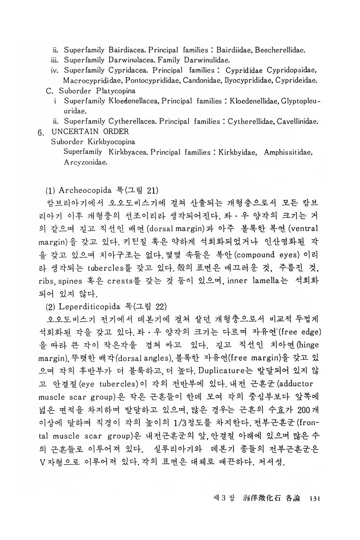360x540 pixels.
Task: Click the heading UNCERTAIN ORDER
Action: point(90,131)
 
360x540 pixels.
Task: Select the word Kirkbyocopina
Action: point(111,142)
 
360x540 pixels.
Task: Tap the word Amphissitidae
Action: point(288,152)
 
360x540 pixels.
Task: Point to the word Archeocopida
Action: point(85,190)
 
